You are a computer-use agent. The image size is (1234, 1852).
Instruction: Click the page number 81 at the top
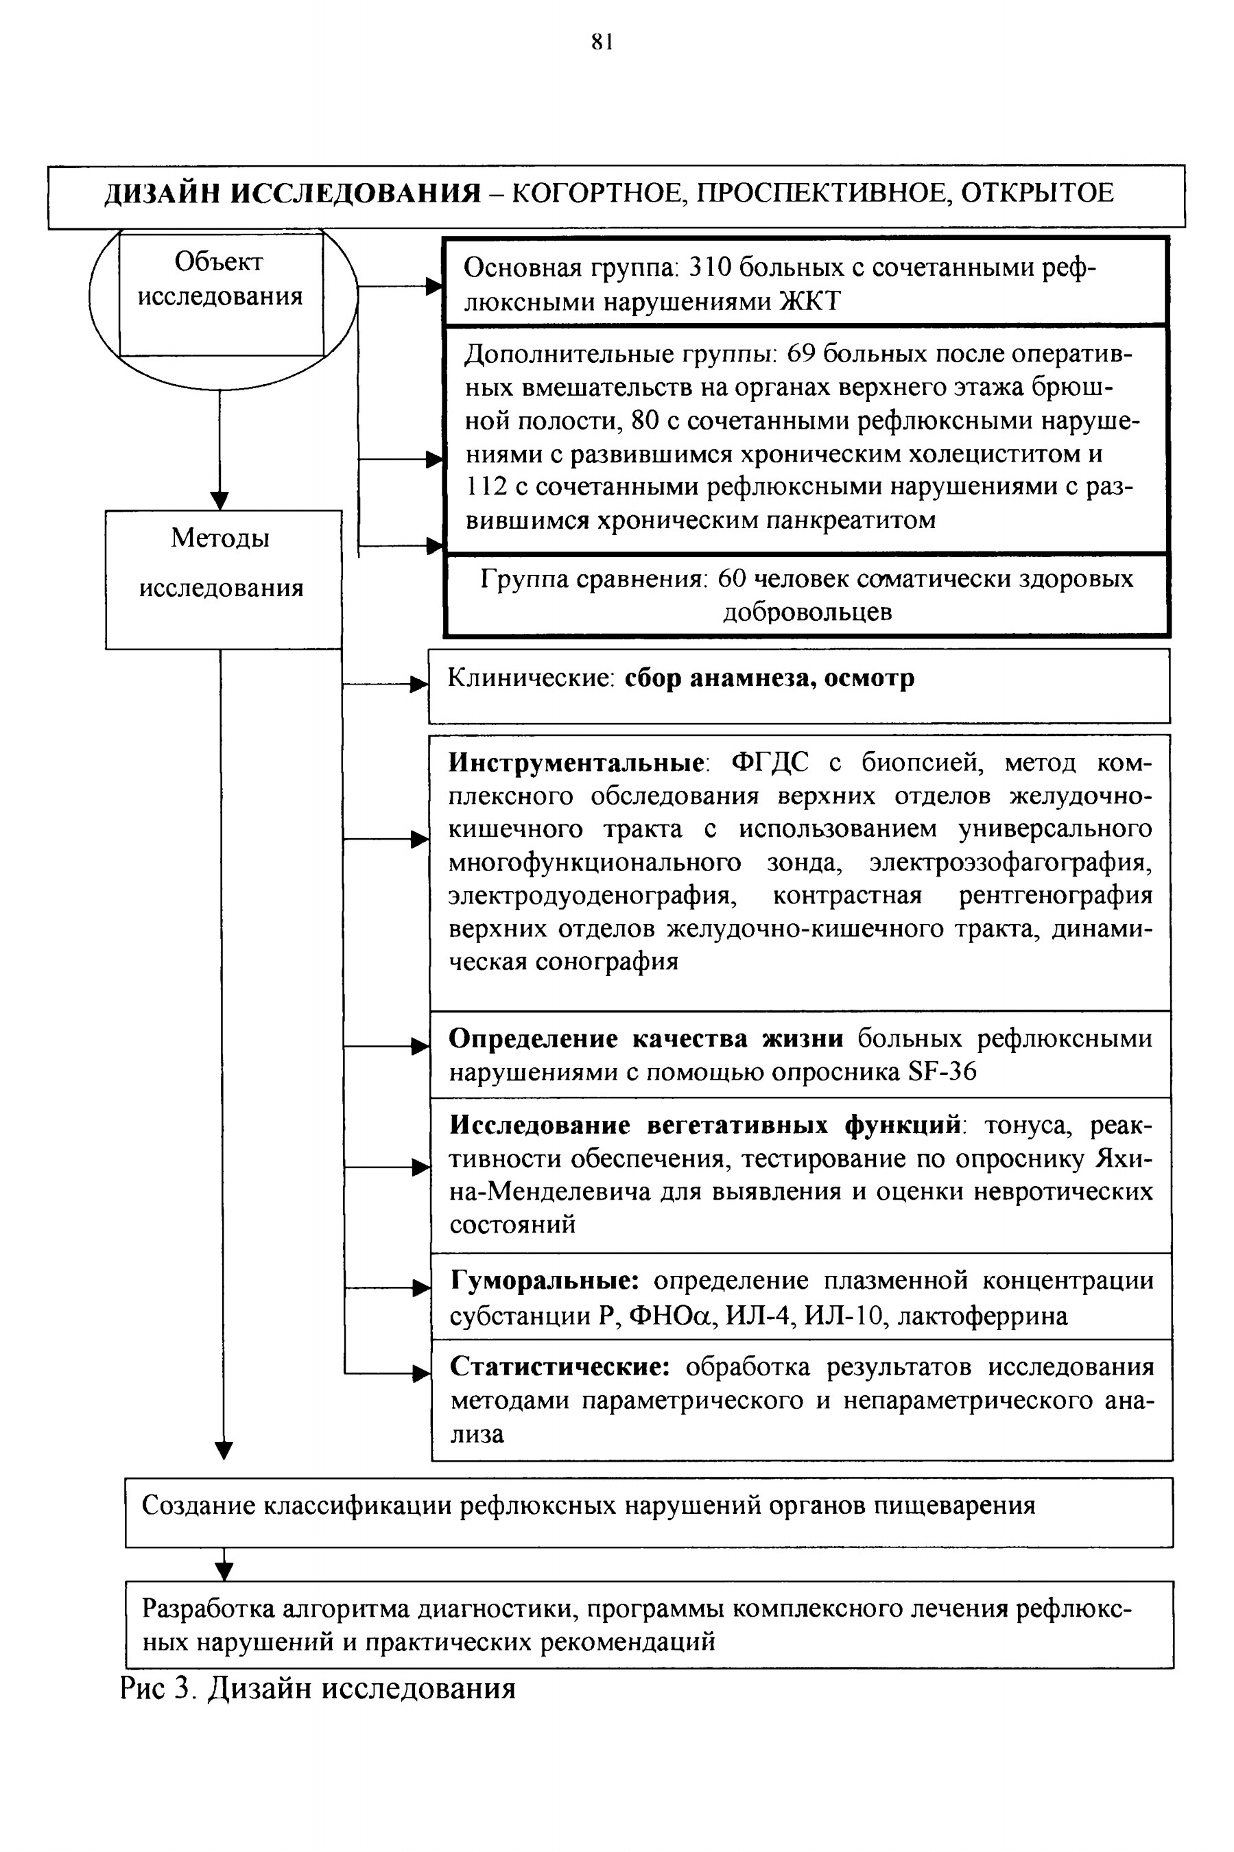click(x=602, y=43)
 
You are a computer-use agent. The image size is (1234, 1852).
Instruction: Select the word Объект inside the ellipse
click(x=219, y=262)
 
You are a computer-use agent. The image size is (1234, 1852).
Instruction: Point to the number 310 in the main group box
click(x=709, y=268)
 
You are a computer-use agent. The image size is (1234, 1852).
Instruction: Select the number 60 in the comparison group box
click(x=733, y=579)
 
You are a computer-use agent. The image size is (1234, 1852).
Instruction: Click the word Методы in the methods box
click(x=220, y=539)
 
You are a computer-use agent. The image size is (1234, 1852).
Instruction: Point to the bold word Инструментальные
click(x=577, y=762)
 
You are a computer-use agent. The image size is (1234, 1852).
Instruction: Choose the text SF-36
click(x=942, y=1071)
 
